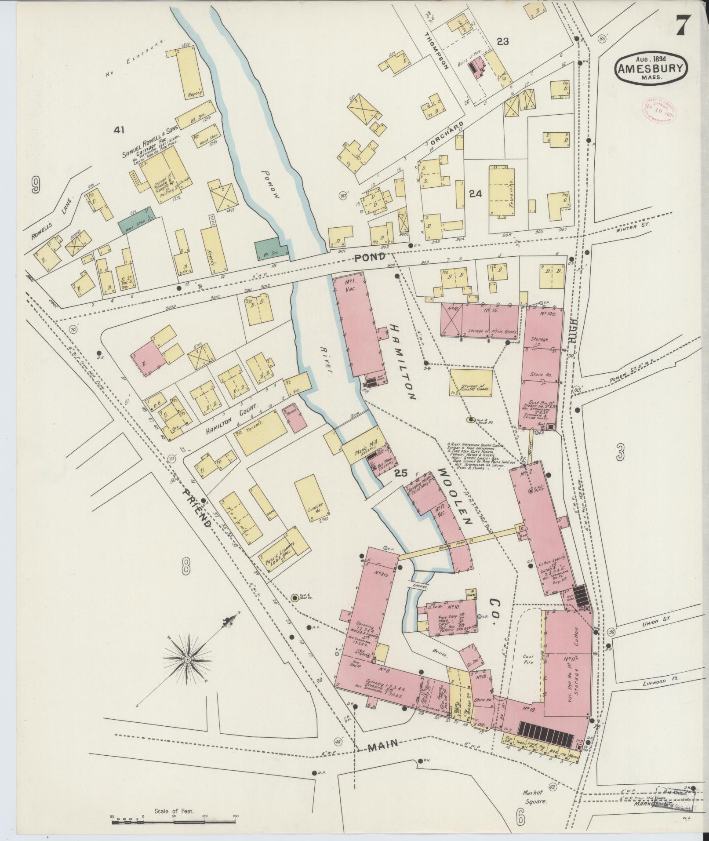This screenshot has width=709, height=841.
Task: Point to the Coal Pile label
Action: click(528, 659)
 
